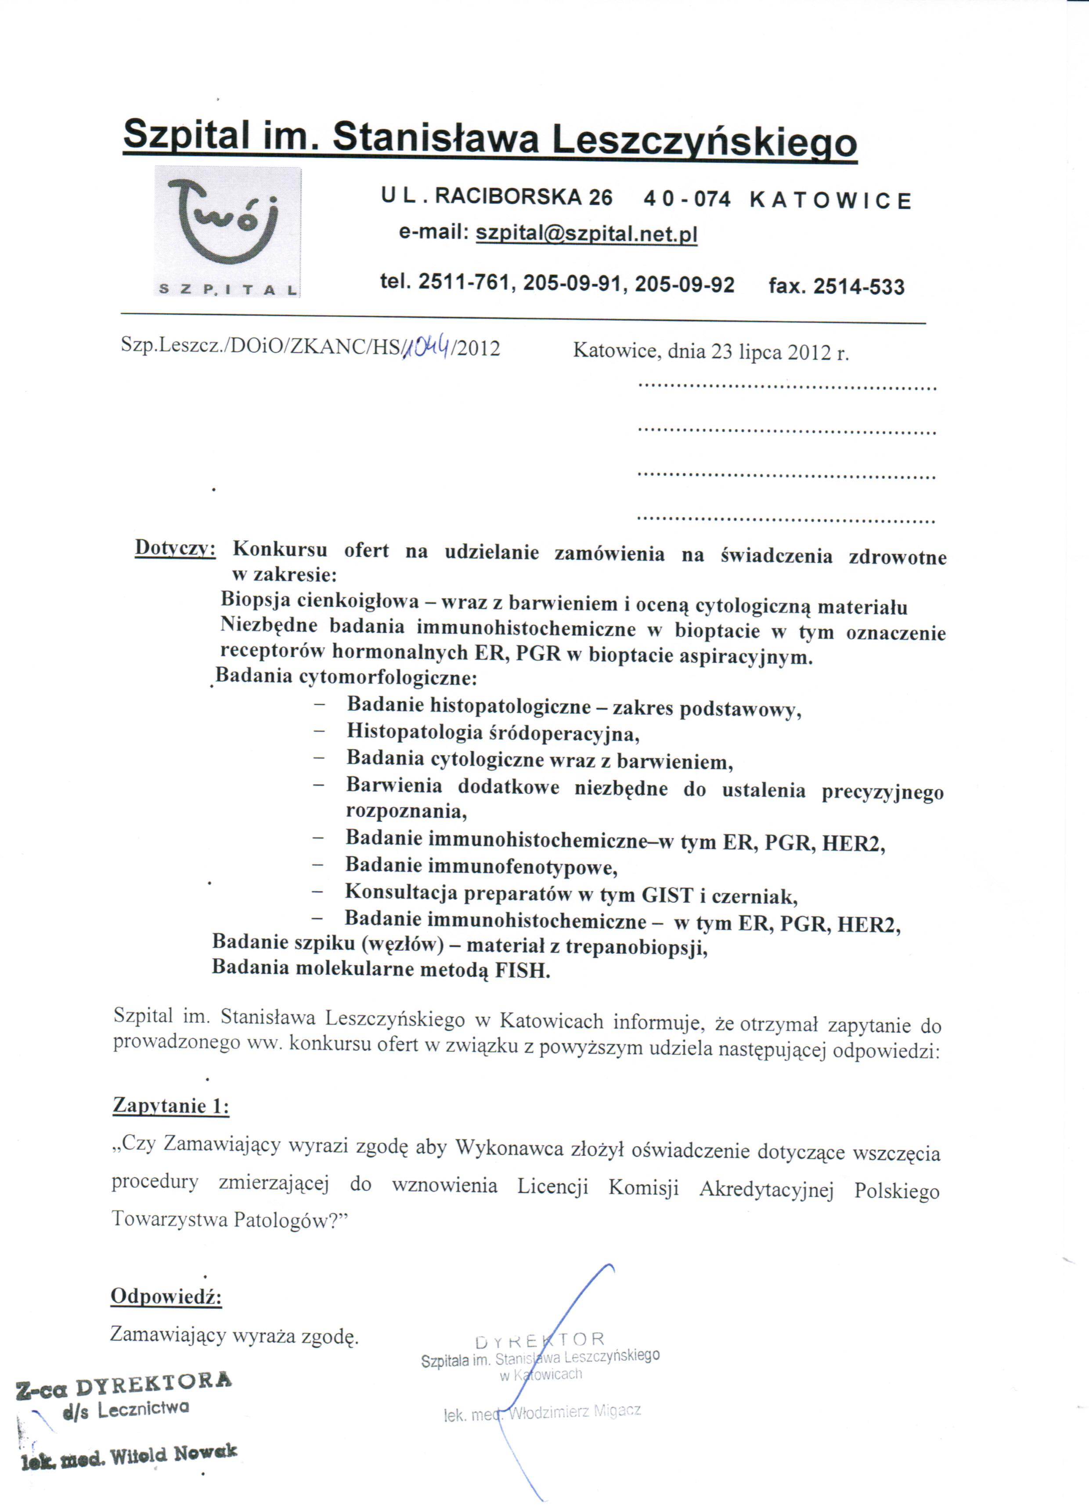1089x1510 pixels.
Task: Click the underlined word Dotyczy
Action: point(175,548)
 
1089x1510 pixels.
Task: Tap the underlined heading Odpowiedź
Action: point(166,1296)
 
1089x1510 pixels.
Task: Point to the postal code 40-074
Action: point(687,199)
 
